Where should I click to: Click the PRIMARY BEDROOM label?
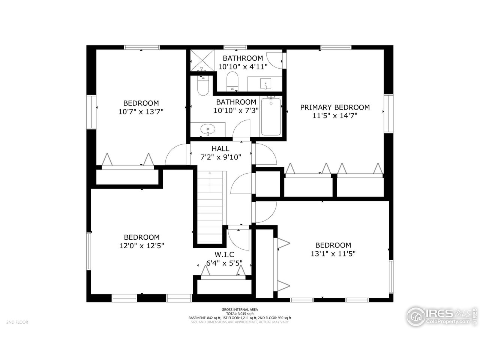(x=335, y=107)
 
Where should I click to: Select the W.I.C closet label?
(x=224, y=255)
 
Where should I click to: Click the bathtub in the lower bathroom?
(x=271, y=116)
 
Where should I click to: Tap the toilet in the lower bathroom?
(x=203, y=85)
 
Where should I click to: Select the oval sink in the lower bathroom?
(x=208, y=130)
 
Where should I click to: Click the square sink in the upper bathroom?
(x=267, y=83)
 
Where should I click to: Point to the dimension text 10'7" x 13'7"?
(x=141, y=111)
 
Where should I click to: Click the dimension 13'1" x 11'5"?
(x=333, y=253)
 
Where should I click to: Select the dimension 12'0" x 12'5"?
(x=142, y=246)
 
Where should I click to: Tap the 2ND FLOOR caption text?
(x=17, y=322)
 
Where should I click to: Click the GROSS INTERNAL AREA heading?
(x=240, y=309)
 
